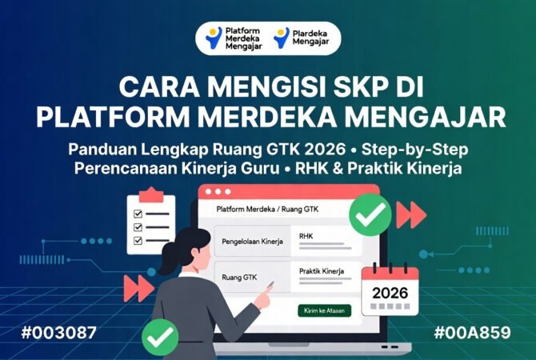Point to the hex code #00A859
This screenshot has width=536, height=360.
478,332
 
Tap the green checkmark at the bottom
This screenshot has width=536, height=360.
160,337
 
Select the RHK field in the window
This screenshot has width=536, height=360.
306,236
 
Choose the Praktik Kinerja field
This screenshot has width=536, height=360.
321,271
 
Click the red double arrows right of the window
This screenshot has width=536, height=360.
412,214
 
